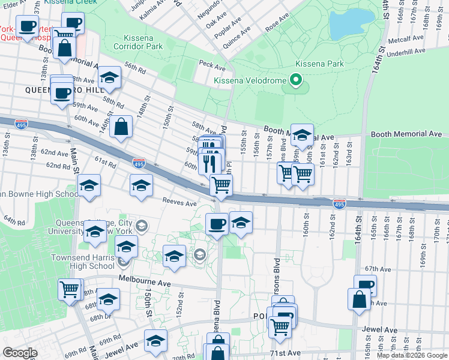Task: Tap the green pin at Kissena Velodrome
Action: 295,80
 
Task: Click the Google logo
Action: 20,353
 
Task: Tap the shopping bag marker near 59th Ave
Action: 121,127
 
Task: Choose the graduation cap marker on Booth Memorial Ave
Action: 303,136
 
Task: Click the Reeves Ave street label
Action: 178,203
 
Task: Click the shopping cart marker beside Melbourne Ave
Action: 70,290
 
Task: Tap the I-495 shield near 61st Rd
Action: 139,163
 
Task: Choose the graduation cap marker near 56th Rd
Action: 109,78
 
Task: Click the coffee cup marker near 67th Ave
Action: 365,286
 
